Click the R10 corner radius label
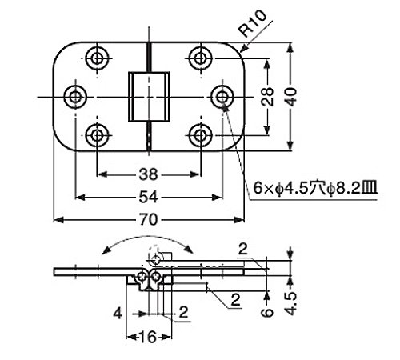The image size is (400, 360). (x=253, y=23)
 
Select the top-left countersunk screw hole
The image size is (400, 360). (x=97, y=58)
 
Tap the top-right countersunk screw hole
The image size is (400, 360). (x=201, y=58)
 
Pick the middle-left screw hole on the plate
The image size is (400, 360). (x=76, y=97)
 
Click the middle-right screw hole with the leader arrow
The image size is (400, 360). (x=222, y=97)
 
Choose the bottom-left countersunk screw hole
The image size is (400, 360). (x=97, y=135)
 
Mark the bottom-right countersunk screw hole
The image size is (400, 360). (x=201, y=135)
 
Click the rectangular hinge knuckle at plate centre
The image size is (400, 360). (x=149, y=97)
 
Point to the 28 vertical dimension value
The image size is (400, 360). (x=267, y=97)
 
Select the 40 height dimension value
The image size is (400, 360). (x=291, y=97)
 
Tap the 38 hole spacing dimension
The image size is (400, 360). (x=148, y=174)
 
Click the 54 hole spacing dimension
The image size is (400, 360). (x=148, y=198)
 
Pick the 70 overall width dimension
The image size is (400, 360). (x=148, y=220)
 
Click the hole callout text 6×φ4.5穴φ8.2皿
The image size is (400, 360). (x=315, y=189)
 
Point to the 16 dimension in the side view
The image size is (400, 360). (x=147, y=337)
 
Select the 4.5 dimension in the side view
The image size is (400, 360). (x=290, y=304)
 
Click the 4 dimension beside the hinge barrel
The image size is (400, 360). (x=118, y=313)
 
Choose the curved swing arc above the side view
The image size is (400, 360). (x=147, y=237)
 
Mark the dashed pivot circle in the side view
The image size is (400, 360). (x=154, y=259)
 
